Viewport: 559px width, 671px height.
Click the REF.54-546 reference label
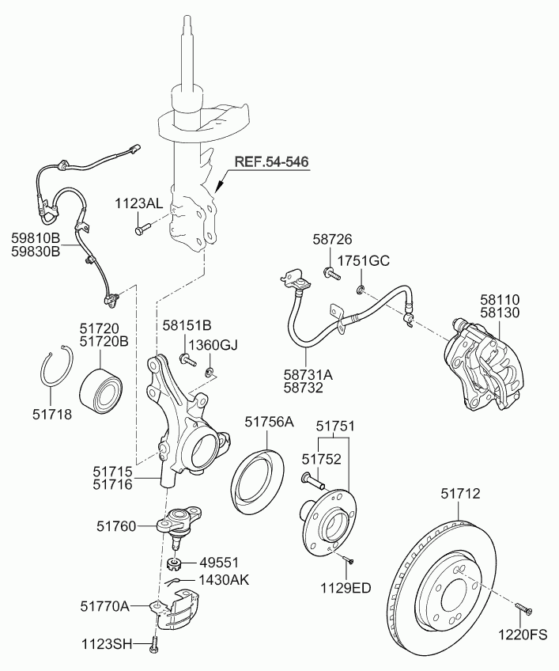point(271,162)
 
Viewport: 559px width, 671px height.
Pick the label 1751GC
point(364,260)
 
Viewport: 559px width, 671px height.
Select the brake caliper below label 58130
point(485,364)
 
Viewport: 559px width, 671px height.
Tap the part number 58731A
point(309,376)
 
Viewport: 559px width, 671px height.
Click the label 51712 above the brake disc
point(459,494)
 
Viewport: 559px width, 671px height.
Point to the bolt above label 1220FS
point(523,608)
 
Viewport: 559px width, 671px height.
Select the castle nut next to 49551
point(174,564)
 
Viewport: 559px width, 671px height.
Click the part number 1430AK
point(223,580)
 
